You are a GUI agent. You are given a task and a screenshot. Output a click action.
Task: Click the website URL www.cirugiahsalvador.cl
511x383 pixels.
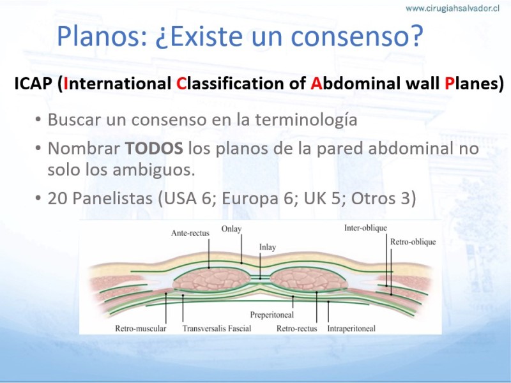pyautogui.click(x=452, y=8)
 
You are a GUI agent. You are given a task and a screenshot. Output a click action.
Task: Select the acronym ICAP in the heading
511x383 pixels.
pyautogui.click(x=33, y=84)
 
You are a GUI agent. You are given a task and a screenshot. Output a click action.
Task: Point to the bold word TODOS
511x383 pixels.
pyautogui.click(x=154, y=148)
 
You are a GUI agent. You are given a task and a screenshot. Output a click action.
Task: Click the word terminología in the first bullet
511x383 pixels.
pyautogui.click(x=306, y=120)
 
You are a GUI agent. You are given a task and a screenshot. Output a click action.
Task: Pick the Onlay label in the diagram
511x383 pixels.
pyautogui.click(x=231, y=229)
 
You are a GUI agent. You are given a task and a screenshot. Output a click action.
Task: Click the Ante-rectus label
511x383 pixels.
pyautogui.click(x=190, y=233)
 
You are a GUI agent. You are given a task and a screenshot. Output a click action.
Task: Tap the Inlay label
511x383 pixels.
pyautogui.click(x=268, y=248)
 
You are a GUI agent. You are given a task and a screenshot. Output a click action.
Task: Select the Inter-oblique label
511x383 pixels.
pyautogui.click(x=365, y=228)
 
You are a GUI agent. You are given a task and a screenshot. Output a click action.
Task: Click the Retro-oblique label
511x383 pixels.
pyautogui.click(x=413, y=242)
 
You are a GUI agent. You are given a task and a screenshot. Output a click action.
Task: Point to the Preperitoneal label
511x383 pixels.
pyautogui.click(x=272, y=315)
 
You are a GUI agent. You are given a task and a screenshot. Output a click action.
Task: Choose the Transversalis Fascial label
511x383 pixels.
pyautogui.click(x=217, y=328)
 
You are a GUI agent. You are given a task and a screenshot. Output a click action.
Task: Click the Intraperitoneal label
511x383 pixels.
pyautogui.click(x=351, y=329)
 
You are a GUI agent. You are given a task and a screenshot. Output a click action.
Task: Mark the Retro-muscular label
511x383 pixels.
pyautogui.click(x=141, y=328)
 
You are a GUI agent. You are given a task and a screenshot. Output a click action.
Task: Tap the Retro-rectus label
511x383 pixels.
pyautogui.click(x=297, y=328)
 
